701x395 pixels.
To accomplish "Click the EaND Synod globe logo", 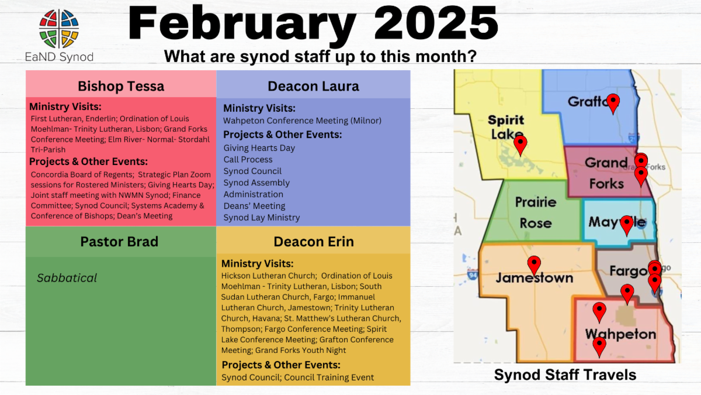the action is pyautogui.click(x=59, y=29).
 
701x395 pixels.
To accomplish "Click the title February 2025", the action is pyautogui.click(x=313, y=25).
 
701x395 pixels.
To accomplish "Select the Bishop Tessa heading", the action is pyautogui.click(x=121, y=86).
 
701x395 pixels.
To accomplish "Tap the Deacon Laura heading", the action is pyautogui.click(x=313, y=86).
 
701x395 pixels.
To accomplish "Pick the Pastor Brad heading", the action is pyautogui.click(x=119, y=242).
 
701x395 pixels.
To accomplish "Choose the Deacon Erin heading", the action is pyautogui.click(x=314, y=242).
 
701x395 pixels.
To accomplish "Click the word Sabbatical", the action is pyautogui.click(x=67, y=278).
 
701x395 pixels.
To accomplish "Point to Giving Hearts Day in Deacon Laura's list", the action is pyautogui.click(x=259, y=148).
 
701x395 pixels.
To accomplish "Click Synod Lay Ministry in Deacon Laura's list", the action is pyautogui.click(x=262, y=218).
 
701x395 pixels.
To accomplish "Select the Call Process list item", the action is pyautogui.click(x=248, y=160).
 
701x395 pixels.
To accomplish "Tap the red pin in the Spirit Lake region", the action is pyautogui.click(x=520, y=146).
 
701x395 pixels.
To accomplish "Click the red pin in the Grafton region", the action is pyautogui.click(x=613, y=104).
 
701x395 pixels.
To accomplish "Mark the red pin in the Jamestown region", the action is pyautogui.click(x=534, y=266).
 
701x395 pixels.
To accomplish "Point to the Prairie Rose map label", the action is pyautogui.click(x=536, y=212).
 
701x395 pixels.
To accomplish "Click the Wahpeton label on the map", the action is pyautogui.click(x=620, y=334).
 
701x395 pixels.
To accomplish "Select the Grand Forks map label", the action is pyautogui.click(x=606, y=173).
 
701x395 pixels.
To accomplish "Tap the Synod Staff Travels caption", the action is pyautogui.click(x=565, y=375).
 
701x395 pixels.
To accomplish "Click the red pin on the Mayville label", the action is pyautogui.click(x=627, y=225).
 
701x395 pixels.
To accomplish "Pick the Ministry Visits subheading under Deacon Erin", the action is pyautogui.click(x=257, y=264).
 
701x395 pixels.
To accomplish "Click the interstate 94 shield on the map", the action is pyautogui.click(x=472, y=275).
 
